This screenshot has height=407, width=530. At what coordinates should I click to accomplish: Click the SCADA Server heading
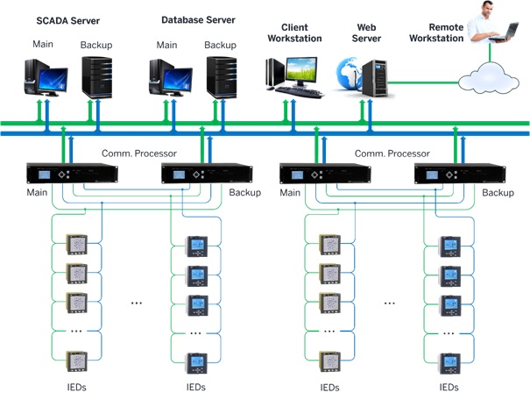[x=68, y=21]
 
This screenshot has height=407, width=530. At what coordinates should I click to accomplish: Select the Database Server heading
[x=198, y=20]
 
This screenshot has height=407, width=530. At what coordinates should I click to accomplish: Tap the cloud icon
[x=489, y=78]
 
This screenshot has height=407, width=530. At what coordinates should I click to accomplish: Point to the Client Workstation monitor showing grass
[x=301, y=71]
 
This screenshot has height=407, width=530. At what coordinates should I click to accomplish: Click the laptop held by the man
[x=505, y=33]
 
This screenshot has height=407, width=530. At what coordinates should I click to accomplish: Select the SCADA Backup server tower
[x=97, y=77]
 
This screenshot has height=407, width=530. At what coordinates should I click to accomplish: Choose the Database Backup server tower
[x=222, y=77]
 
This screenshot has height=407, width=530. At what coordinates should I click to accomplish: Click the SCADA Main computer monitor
[x=53, y=82]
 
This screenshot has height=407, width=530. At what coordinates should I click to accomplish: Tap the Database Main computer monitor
[x=178, y=82]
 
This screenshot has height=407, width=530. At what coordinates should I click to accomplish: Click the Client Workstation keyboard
[x=299, y=92]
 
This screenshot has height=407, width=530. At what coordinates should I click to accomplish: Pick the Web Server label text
[x=366, y=32]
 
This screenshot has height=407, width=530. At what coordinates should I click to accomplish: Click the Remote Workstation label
[x=436, y=32]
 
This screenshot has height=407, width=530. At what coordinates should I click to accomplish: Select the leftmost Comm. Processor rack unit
[x=73, y=173]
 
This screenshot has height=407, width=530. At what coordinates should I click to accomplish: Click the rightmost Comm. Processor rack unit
[x=460, y=174]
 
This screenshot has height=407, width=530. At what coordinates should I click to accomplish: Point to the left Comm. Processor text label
[x=139, y=154]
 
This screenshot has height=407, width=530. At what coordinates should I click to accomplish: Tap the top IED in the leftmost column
[x=77, y=244]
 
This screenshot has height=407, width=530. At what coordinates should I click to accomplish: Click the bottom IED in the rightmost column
[x=449, y=363]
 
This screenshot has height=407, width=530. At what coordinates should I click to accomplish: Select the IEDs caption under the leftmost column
[x=77, y=387]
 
